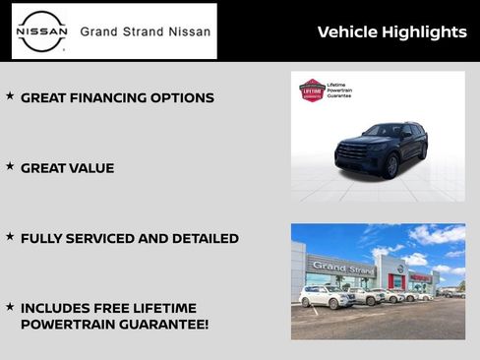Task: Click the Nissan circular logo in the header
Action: [x=42, y=31]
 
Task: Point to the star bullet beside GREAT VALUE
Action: [x=10, y=166]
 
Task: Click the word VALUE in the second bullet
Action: [x=91, y=168]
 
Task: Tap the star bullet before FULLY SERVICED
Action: [x=10, y=236]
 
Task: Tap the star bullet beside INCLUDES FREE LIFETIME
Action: [x=10, y=307]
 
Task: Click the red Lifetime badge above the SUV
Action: [x=312, y=90]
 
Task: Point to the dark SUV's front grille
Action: [x=351, y=151]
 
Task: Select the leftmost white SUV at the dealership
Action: [x=326, y=297]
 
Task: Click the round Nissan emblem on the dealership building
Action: [x=400, y=268]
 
